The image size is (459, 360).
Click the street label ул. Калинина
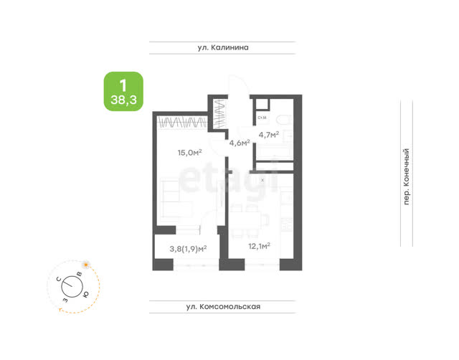point(223,47)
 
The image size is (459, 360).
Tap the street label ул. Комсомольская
point(223,306)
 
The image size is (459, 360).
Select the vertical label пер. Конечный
point(407,177)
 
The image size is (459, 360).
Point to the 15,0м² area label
point(189,153)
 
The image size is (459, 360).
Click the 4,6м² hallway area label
point(240,143)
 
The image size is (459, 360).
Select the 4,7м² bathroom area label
point(269,135)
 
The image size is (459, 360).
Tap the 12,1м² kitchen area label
point(259,246)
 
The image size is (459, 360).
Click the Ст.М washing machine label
point(262,118)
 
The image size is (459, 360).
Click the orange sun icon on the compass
point(86,265)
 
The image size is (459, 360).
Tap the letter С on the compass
point(59,279)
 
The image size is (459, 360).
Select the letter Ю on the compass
point(86,295)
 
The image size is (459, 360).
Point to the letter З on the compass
point(65,300)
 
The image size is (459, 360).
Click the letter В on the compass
point(79,274)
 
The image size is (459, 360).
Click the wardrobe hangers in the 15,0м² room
point(181,122)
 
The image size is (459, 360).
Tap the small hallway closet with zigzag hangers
point(220,114)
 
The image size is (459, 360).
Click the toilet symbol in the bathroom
point(283,120)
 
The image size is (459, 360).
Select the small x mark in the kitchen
point(262,180)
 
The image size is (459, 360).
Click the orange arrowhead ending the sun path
point(60,309)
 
